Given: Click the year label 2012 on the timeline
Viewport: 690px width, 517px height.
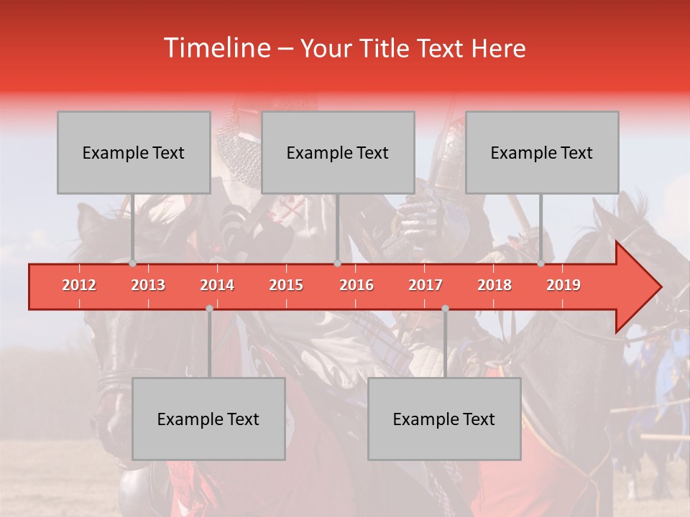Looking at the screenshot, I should click(79, 285).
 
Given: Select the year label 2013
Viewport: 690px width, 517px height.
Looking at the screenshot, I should click(148, 285).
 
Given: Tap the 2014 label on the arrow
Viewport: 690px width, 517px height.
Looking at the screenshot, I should click(217, 285).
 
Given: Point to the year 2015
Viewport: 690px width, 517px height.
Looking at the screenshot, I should click(286, 285).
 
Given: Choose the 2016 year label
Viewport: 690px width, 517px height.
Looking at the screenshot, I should click(356, 285).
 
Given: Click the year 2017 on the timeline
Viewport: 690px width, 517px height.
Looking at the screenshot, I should click(425, 285).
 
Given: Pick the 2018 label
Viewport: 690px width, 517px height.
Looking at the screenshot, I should click(494, 285).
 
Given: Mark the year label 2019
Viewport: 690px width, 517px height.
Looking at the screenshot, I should click(563, 285).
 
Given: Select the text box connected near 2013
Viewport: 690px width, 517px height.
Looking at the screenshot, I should click(134, 153).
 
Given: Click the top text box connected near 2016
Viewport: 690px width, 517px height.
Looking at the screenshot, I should click(338, 153).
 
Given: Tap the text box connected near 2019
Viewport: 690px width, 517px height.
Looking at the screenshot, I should click(542, 153).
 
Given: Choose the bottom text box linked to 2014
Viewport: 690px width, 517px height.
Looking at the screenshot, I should click(208, 419).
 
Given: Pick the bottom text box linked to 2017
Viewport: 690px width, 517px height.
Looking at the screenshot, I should click(444, 419).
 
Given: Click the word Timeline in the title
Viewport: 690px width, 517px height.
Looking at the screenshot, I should click(216, 48).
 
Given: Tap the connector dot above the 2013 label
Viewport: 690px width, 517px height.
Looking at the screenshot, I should click(133, 264).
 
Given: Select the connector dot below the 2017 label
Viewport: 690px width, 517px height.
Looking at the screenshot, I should click(445, 309).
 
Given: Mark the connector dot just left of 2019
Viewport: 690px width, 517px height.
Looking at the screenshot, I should click(541, 264).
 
